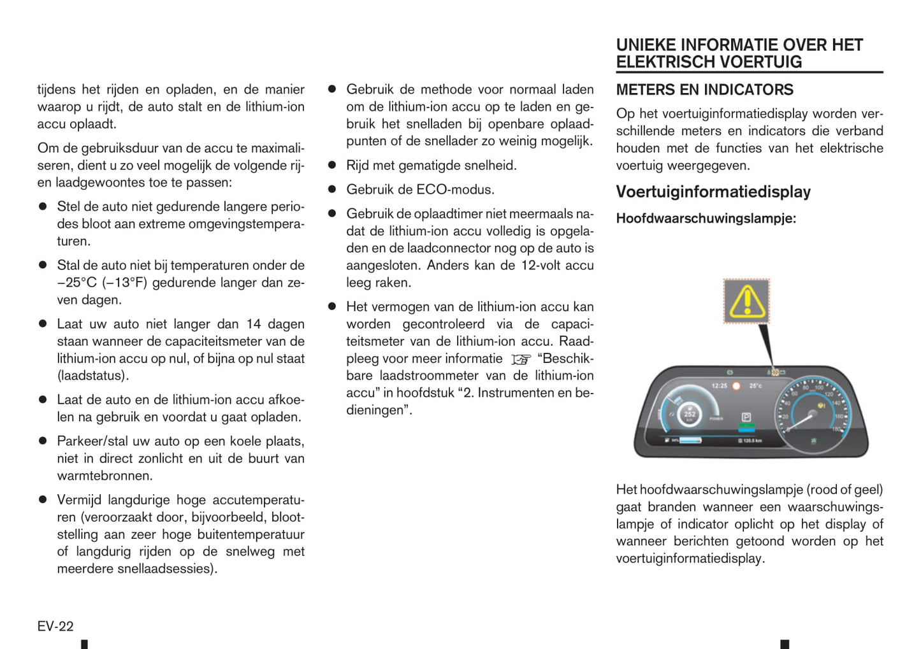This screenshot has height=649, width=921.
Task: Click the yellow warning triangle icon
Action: (746, 301)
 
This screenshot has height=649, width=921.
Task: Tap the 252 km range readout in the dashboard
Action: (690, 414)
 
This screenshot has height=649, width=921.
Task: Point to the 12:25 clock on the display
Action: (720, 386)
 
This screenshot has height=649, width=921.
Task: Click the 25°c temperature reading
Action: (755, 386)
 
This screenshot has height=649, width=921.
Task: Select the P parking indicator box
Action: (746, 417)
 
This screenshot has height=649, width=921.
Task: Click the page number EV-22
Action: (55, 626)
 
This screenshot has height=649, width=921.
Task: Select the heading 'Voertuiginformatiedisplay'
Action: (713, 192)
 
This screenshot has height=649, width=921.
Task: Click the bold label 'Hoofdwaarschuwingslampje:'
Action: (706, 218)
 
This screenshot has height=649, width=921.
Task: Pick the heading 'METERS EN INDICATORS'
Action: (704, 90)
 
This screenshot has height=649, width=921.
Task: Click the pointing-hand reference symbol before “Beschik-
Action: (521, 359)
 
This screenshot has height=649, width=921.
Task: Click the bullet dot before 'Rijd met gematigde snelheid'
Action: (332, 165)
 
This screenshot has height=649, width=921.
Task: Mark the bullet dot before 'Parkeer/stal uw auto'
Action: (43, 441)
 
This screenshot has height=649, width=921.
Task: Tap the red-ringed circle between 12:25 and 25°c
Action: (737, 386)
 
